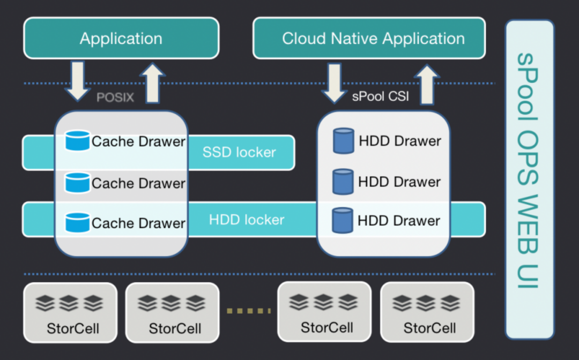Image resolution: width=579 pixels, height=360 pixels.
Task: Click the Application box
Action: click(x=121, y=39)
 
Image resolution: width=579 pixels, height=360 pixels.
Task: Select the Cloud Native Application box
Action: click(x=369, y=39)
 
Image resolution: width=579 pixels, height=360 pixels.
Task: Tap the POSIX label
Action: click(x=115, y=98)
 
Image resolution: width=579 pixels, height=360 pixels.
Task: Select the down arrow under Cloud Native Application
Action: click(x=334, y=82)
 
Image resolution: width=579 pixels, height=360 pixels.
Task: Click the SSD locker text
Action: click(x=239, y=152)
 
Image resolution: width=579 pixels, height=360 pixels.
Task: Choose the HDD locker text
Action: click(x=247, y=220)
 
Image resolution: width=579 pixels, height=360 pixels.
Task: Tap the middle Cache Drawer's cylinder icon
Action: click(x=77, y=183)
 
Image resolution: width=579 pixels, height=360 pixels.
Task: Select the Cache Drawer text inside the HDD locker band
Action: click(x=138, y=223)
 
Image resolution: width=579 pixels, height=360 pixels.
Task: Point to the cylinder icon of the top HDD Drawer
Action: click(x=343, y=141)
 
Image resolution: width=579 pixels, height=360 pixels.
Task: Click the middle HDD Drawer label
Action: click(x=399, y=182)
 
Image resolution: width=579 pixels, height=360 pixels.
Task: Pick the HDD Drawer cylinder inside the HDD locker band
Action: click(x=343, y=221)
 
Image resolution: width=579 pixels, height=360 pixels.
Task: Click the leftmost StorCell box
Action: click(x=70, y=312)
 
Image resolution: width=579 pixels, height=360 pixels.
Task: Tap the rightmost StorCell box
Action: click(x=427, y=312)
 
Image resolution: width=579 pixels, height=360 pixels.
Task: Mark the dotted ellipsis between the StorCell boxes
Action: click(x=249, y=311)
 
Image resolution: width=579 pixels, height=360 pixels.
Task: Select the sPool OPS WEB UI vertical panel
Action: click(x=529, y=179)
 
